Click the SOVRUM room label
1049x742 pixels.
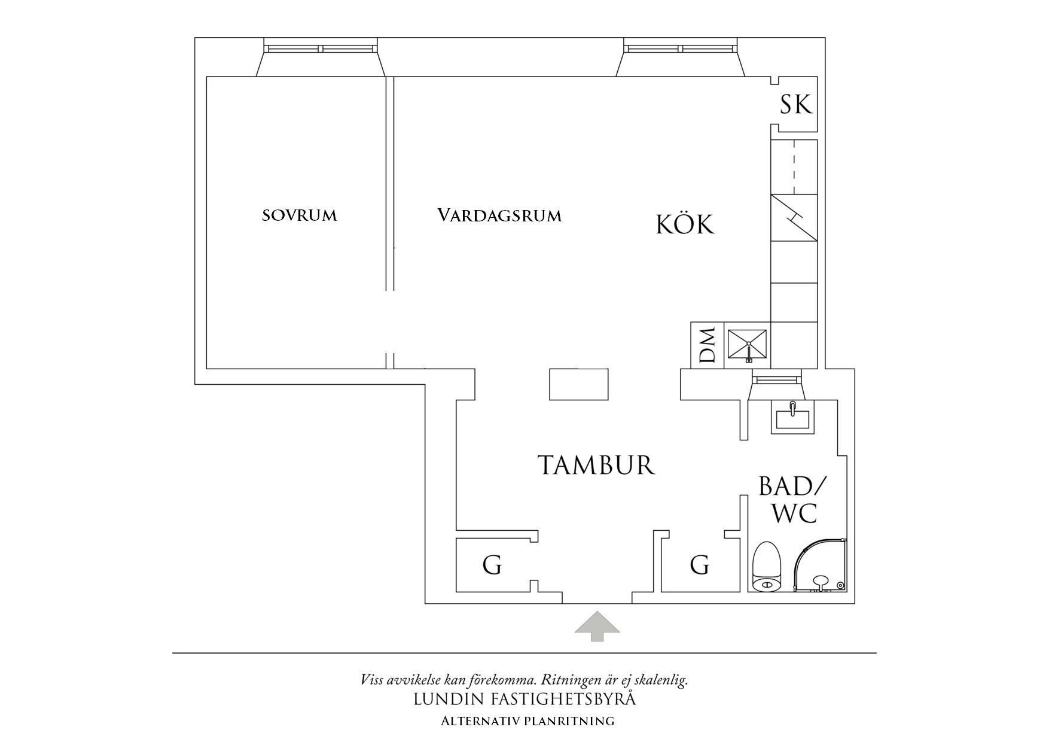click(x=300, y=215)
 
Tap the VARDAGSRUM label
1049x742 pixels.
click(x=499, y=215)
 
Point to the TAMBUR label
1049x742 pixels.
click(x=596, y=465)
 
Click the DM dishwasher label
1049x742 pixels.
click(x=708, y=345)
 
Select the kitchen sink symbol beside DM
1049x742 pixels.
click(x=747, y=345)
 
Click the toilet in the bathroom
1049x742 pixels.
click(x=766, y=567)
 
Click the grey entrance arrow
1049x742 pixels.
click(x=597, y=626)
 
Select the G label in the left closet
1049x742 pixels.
click(x=492, y=565)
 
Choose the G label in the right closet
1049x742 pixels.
click(x=700, y=565)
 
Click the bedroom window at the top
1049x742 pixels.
click(x=321, y=48)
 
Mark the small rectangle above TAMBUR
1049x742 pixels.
click(x=579, y=384)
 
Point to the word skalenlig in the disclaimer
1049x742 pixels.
click(x=662, y=680)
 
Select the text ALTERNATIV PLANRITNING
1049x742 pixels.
click(x=527, y=721)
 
